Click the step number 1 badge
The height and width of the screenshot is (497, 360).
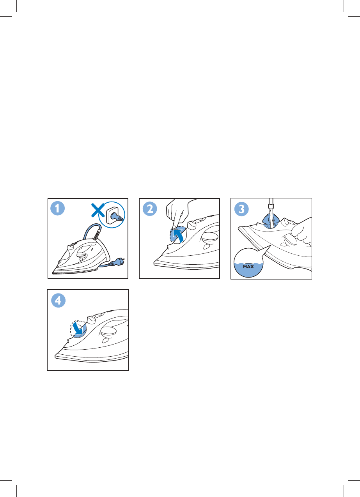coord(57,208)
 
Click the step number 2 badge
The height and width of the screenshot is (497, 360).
coord(150,209)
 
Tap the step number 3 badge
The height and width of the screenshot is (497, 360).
coord(241,209)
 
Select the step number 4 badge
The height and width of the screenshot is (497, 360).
coord(59,301)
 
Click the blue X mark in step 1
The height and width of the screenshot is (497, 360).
coord(98,210)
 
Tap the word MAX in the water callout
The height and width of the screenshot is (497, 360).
coord(248,267)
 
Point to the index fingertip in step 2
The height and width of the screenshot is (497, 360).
coord(174,227)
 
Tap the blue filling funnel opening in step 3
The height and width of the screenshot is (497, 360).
coord(271,221)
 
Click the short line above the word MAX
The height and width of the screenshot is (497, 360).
coord(248,263)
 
